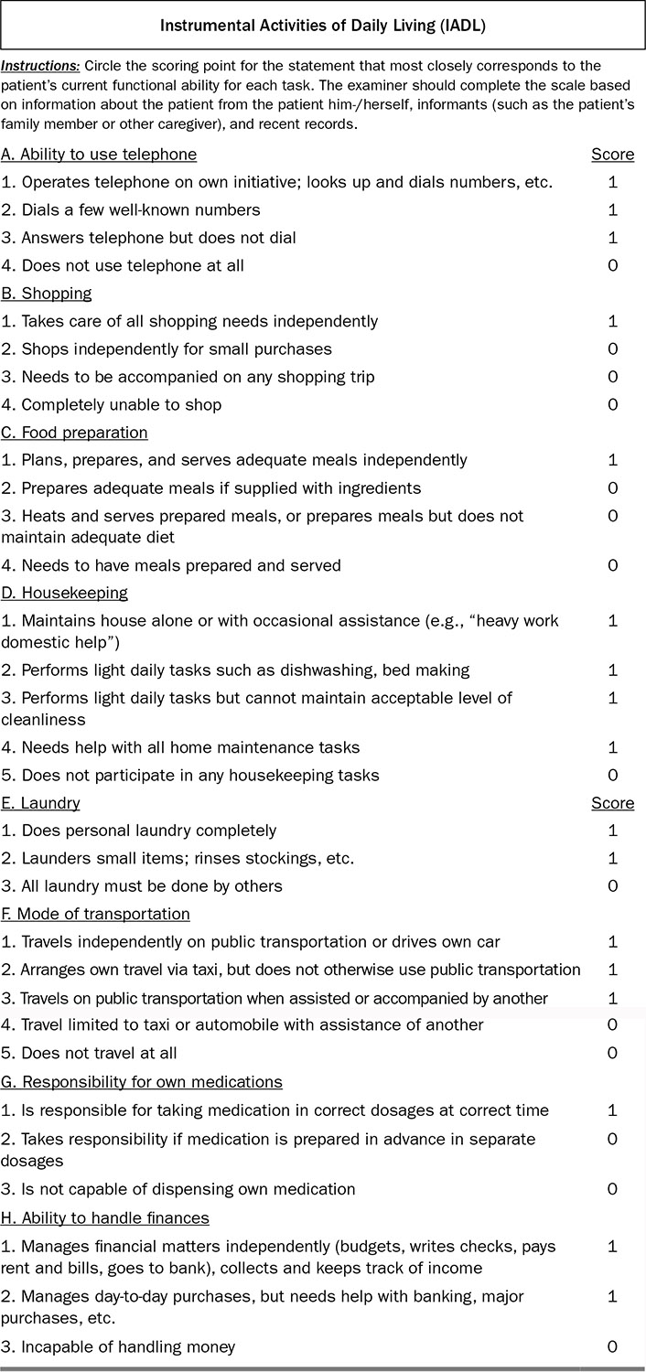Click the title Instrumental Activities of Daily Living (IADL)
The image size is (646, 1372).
[x=323, y=27]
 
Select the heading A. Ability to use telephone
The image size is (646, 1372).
[x=99, y=155]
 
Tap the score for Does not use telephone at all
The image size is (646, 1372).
[x=613, y=265]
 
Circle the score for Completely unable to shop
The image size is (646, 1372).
[x=613, y=404]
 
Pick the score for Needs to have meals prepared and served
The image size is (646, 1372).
[x=613, y=565]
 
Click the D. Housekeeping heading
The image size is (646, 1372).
[x=64, y=593]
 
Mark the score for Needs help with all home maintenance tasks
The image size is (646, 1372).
[x=613, y=747]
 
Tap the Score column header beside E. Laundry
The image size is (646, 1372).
[x=612, y=803]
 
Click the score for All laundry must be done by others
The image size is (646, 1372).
[x=613, y=885]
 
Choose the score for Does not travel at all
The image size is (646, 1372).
[x=613, y=1053]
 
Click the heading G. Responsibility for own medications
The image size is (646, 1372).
[x=142, y=1082]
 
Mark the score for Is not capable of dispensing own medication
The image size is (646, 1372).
[x=613, y=1189]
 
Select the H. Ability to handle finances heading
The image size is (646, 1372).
[x=105, y=1217]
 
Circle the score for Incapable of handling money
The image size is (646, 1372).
[x=613, y=1346]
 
